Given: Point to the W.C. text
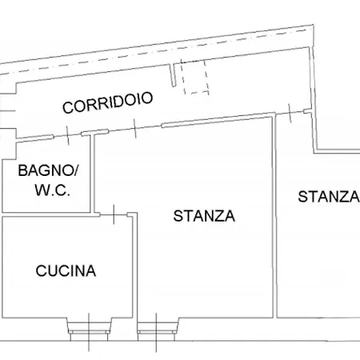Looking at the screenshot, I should pos(53,190).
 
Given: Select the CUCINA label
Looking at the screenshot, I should pos(66,270).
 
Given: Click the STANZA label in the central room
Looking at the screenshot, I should pos(204,216).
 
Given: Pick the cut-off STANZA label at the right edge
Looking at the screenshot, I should pos(328,197).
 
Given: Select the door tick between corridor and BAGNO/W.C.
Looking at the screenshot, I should pos(68,138).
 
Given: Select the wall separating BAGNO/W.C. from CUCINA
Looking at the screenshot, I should pos(48,214).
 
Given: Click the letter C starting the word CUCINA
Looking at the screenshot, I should pos(41,270).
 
